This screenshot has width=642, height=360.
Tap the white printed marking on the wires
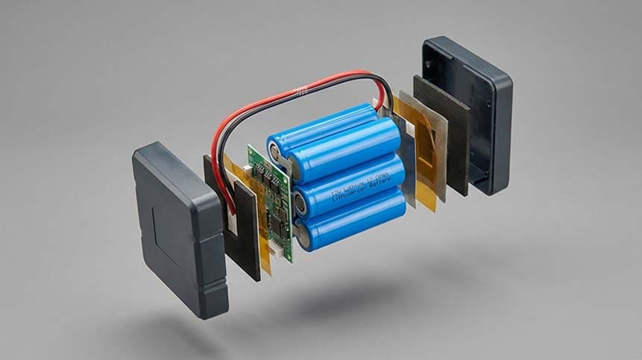[300, 92]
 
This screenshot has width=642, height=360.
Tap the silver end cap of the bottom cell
[305, 236]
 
